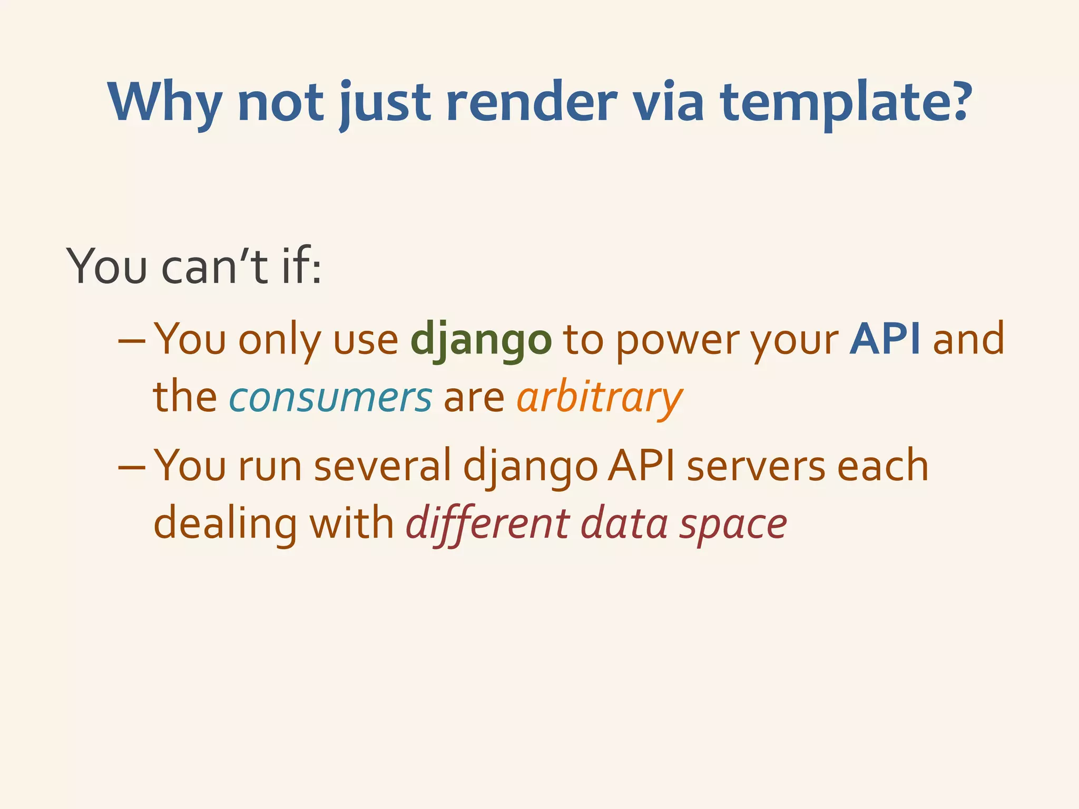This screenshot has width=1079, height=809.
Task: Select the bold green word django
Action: click(480, 340)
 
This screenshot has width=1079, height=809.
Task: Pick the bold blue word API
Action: click(885, 339)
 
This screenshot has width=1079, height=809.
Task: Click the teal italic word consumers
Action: click(330, 397)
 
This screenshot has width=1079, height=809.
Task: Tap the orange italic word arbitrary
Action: click(599, 397)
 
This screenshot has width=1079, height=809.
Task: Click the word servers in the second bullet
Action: click(756, 466)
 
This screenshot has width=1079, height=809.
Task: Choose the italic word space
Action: click(733, 525)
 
